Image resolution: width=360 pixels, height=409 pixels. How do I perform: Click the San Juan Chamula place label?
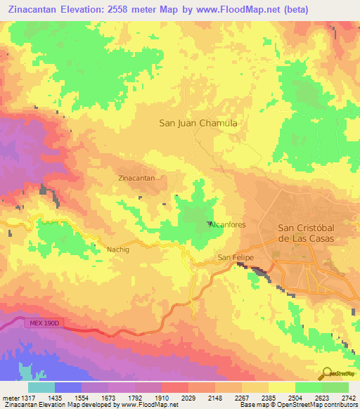(198, 122)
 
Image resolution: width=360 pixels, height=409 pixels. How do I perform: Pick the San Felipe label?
(235, 258)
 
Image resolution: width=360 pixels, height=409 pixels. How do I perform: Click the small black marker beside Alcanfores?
(209, 224)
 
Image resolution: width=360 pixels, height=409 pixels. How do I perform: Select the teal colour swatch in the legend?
(41, 387)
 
